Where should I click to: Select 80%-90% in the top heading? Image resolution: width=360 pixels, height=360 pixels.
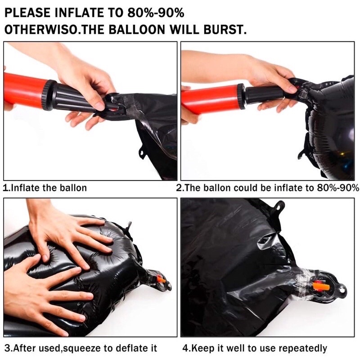tap(156, 13)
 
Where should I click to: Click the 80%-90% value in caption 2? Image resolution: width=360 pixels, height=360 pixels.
tap(338, 188)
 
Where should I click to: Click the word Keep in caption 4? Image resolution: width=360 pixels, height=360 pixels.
tap(202, 348)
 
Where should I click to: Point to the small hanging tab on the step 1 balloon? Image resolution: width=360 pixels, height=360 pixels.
tap(142, 153)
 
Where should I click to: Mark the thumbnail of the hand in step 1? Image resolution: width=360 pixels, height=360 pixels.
tap(100, 106)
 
